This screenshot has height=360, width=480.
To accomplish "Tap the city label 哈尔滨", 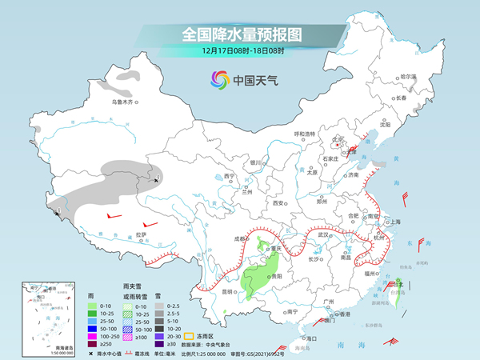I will pyautogui.click(x=409, y=75).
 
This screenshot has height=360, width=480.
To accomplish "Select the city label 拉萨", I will pyautogui.click(x=141, y=234).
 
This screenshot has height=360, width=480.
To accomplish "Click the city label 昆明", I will pyautogui.click(x=230, y=291).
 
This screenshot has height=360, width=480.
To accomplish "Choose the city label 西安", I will pyautogui.click(x=279, y=203).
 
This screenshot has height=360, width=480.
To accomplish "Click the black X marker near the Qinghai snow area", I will pyautogui.click(x=156, y=179).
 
